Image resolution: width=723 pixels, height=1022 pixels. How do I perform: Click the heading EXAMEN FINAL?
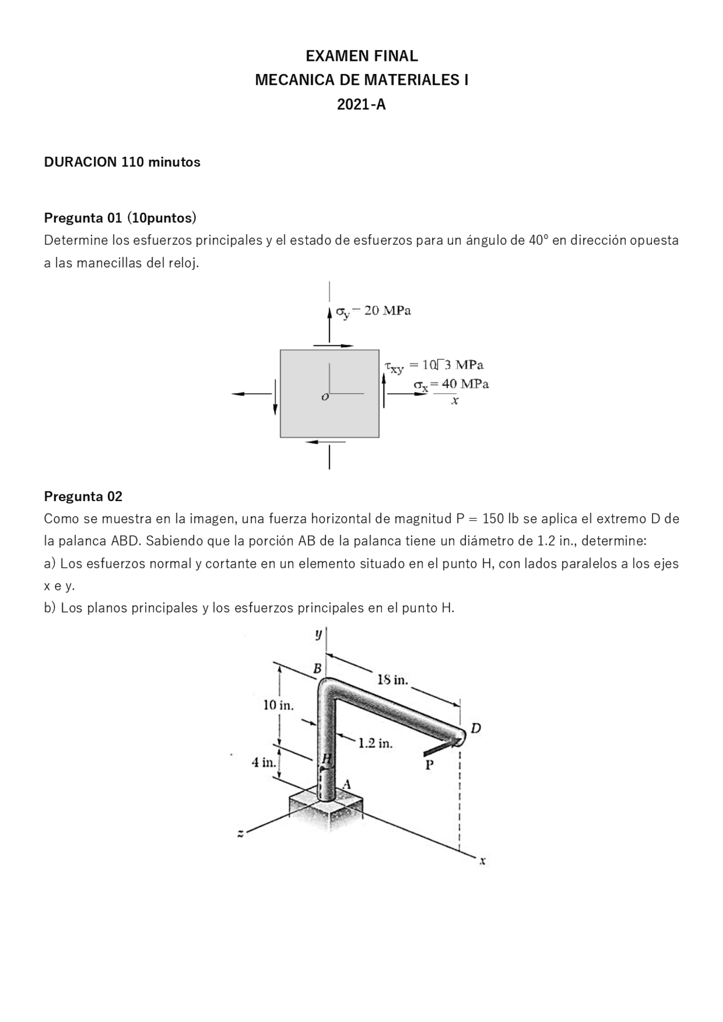point(361,56)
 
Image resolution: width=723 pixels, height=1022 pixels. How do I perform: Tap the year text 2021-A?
point(361,104)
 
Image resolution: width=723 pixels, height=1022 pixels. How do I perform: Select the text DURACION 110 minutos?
point(122,162)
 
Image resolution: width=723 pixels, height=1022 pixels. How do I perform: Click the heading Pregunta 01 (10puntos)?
point(120,217)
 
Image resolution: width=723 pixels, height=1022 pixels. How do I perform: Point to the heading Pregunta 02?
point(83,496)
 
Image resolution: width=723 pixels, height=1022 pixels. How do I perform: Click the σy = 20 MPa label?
point(373,311)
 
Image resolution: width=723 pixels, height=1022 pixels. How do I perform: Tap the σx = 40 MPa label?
point(451,384)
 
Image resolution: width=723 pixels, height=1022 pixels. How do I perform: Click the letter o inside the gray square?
point(324,397)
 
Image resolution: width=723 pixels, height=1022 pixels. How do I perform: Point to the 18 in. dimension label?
point(392,679)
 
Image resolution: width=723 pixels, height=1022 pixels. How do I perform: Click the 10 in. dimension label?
point(278,705)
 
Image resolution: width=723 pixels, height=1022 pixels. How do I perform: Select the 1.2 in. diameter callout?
point(376,743)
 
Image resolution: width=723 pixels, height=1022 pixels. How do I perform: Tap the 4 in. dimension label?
point(264,762)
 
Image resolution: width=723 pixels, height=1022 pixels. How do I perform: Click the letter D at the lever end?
point(476,728)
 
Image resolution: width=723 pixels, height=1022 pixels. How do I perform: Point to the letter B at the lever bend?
point(317,669)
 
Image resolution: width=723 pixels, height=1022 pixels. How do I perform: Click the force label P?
point(429,765)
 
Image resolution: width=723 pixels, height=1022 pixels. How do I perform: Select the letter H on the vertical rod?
point(326,759)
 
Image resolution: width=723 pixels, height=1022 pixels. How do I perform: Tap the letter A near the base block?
point(347,784)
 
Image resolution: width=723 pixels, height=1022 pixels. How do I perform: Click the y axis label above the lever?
point(319,634)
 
